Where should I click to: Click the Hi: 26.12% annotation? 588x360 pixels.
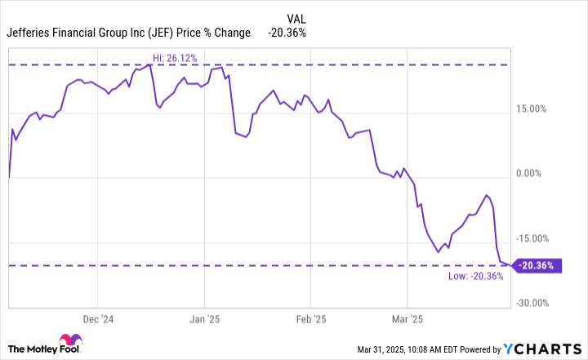pos(176,57)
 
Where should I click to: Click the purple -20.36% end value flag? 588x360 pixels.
pos(538,265)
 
